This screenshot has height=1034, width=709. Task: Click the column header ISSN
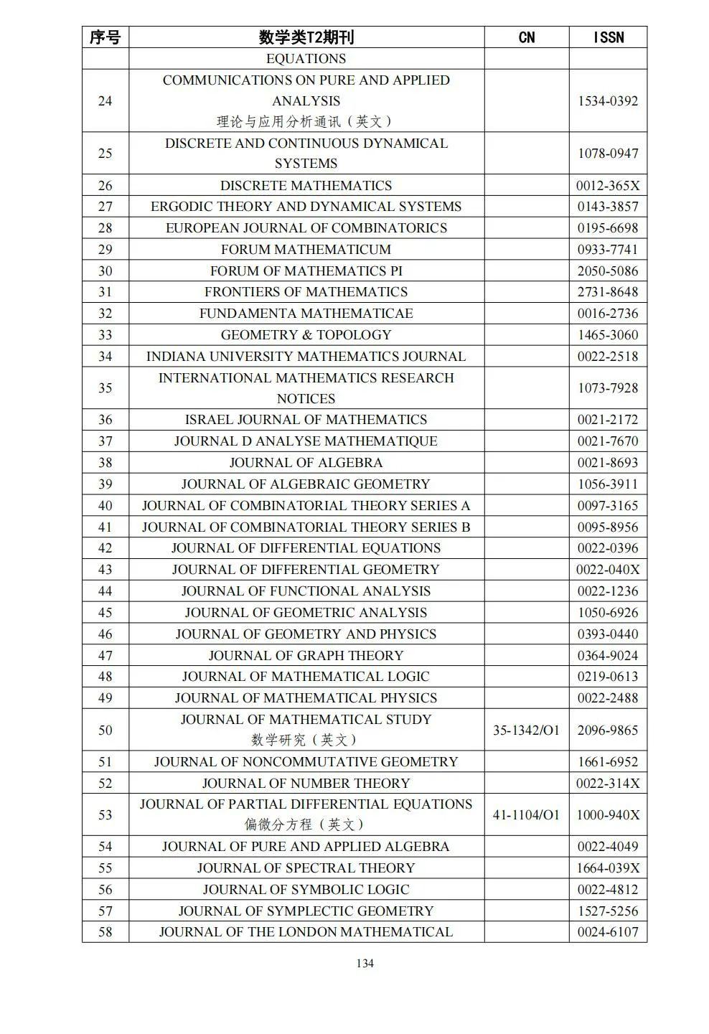(608, 37)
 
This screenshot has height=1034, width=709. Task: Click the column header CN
(526, 37)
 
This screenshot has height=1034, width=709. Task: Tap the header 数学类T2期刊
(306, 37)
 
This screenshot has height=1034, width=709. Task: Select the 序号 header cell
(105, 37)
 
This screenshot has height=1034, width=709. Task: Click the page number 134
(365, 963)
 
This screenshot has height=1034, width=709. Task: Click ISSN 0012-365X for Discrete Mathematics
(608, 185)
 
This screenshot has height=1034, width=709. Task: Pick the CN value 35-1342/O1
(526, 730)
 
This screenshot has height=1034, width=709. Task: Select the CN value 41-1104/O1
(526, 814)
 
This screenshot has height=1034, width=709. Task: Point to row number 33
(105, 334)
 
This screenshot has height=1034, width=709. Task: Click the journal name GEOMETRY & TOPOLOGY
(306, 334)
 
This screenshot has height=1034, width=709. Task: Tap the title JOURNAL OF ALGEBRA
(306, 462)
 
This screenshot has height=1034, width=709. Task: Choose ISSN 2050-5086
(608, 271)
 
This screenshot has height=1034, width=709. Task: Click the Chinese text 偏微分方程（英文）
(306, 824)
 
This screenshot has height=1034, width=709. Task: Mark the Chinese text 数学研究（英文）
(306, 740)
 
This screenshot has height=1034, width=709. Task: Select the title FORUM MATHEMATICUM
(306, 249)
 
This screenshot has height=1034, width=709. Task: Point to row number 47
(105, 655)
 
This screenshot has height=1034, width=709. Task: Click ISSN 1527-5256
(608, 911)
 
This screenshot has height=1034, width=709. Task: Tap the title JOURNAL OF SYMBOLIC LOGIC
(306, 889)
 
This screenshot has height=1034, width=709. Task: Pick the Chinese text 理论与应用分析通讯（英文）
(306, 121)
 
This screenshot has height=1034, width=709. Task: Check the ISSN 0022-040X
(608, 569)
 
